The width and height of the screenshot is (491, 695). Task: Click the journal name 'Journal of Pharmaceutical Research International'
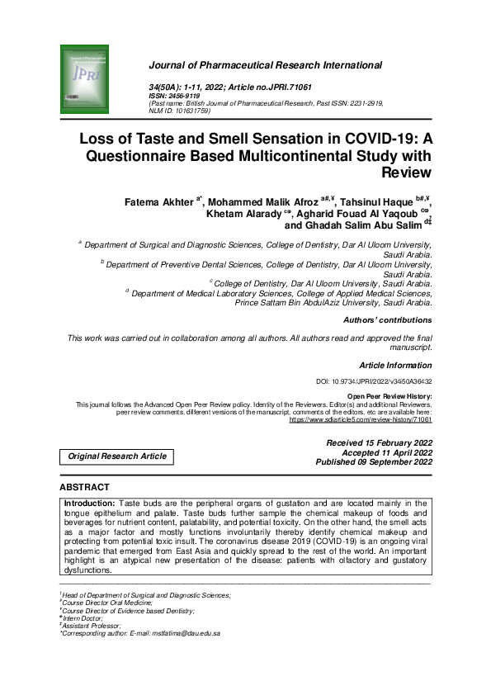[265, 64]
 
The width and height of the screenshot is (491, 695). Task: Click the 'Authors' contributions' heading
[386, 319]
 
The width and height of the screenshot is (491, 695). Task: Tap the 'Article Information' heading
[395, 364]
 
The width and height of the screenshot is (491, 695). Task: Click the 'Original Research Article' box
[116, 456]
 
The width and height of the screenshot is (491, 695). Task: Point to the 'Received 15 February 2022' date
[379, 442]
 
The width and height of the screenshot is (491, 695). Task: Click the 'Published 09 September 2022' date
[374, 462]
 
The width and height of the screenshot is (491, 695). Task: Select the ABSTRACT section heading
[84, 488]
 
